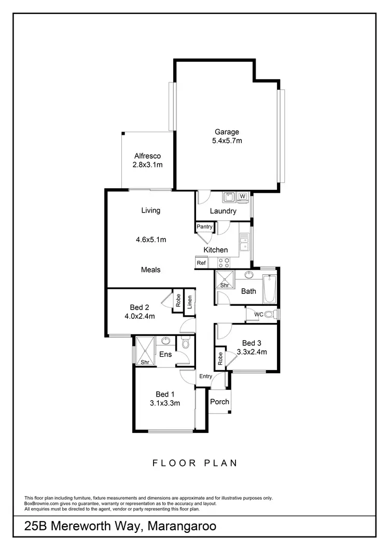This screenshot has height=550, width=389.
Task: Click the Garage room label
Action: click(x=227, y=132)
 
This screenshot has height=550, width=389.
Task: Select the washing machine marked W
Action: click(x=242, y=196)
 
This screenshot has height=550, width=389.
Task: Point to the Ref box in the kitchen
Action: click(x=201, y=263)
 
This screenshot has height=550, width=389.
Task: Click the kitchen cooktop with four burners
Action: click(x=224, y=263)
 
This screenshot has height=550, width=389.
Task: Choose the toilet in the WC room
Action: click(x=272, y=314)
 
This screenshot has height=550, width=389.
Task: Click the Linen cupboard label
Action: click(x=190, y=301)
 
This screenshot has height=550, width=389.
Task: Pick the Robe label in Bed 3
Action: click(x=220, y=359)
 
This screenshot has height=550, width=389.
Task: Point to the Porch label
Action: click(x=219, y=402)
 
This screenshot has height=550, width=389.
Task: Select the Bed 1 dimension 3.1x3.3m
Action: click(x=165, y=403)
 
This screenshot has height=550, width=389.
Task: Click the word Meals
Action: click(x=151, y=270)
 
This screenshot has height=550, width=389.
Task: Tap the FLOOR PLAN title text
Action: click(x=195, y=463)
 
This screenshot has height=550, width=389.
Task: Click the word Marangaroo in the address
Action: click(x=182, y=527)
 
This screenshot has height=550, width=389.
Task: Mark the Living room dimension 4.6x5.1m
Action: click(x=151, y=239)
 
